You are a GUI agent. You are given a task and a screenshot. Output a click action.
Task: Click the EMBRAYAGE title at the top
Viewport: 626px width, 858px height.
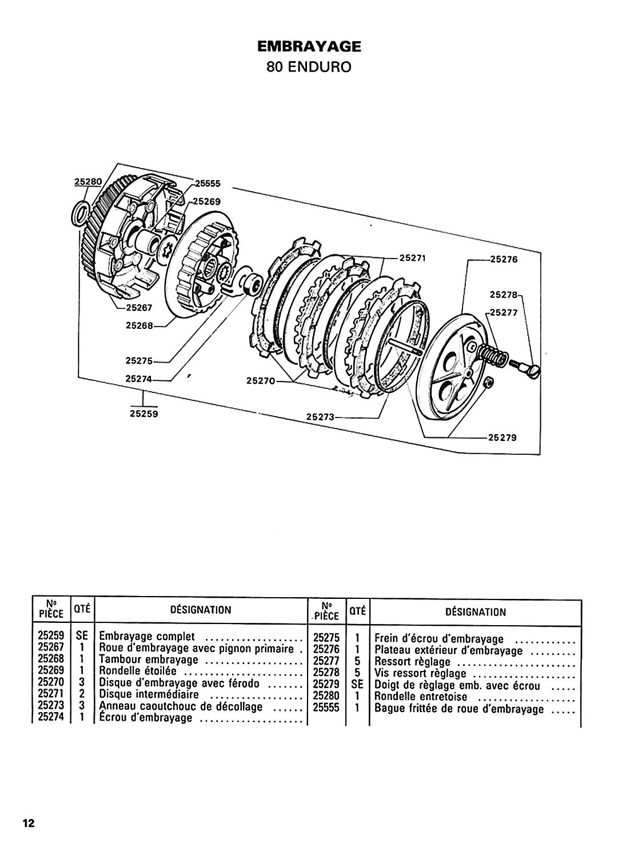309,47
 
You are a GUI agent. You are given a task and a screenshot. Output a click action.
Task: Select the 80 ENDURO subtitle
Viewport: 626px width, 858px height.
309,67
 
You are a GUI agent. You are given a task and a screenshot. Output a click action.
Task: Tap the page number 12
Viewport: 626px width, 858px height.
29,821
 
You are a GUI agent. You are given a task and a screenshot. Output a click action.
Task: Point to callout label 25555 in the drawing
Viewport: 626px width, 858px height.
208,184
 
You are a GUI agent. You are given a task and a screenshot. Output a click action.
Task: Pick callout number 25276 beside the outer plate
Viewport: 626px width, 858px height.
504,259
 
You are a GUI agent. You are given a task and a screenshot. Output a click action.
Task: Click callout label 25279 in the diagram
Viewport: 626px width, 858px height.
503,438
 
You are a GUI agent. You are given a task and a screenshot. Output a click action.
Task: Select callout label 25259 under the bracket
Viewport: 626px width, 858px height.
143,414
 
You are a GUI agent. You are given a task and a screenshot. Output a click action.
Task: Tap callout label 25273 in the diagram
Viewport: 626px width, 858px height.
321,417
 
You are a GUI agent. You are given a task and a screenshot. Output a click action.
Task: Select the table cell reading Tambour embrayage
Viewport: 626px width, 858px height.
149,660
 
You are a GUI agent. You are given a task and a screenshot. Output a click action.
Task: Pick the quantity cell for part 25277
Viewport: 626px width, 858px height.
357,661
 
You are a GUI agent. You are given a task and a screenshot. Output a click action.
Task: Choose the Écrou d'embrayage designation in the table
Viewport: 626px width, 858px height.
145,717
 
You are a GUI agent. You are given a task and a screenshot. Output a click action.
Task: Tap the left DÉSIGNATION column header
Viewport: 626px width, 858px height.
201,610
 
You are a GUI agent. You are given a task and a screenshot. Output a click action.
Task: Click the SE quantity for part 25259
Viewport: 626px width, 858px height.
82,636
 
